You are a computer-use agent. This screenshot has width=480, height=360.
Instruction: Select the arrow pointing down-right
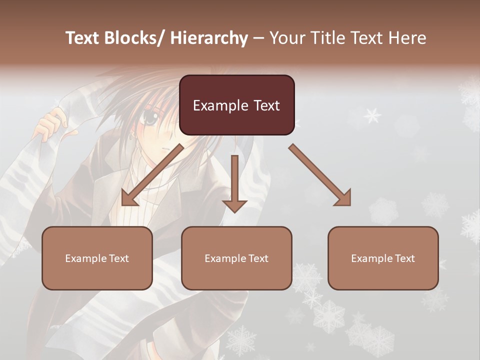point(320,175)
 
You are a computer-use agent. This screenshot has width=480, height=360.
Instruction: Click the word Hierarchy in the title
point(209,38)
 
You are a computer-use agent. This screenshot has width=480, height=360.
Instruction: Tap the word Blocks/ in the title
point(134,38)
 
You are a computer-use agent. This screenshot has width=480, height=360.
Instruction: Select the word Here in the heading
point(408,38)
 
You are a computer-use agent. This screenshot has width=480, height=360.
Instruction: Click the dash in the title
point(258,38)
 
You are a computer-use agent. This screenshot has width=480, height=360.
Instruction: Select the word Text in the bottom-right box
point(404,258)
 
